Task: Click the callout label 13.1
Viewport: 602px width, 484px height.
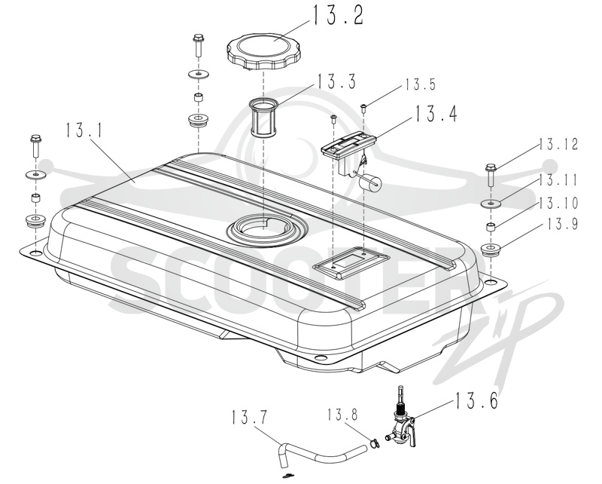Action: point(84,130)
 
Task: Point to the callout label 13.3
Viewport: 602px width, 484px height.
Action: point(336,81)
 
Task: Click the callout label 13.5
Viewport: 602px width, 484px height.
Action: point(420,84)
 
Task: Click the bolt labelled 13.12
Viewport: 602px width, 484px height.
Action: point(491,176)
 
